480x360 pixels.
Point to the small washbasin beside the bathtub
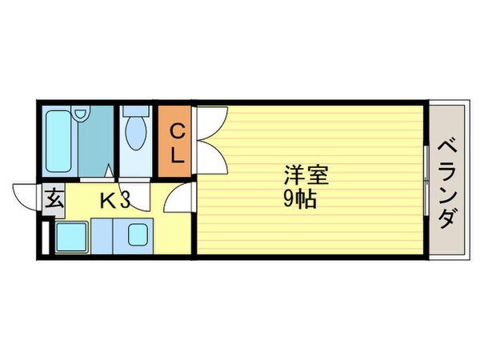(82, 117)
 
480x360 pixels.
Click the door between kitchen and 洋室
(183, 198)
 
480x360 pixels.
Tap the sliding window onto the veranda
(425, 182)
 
